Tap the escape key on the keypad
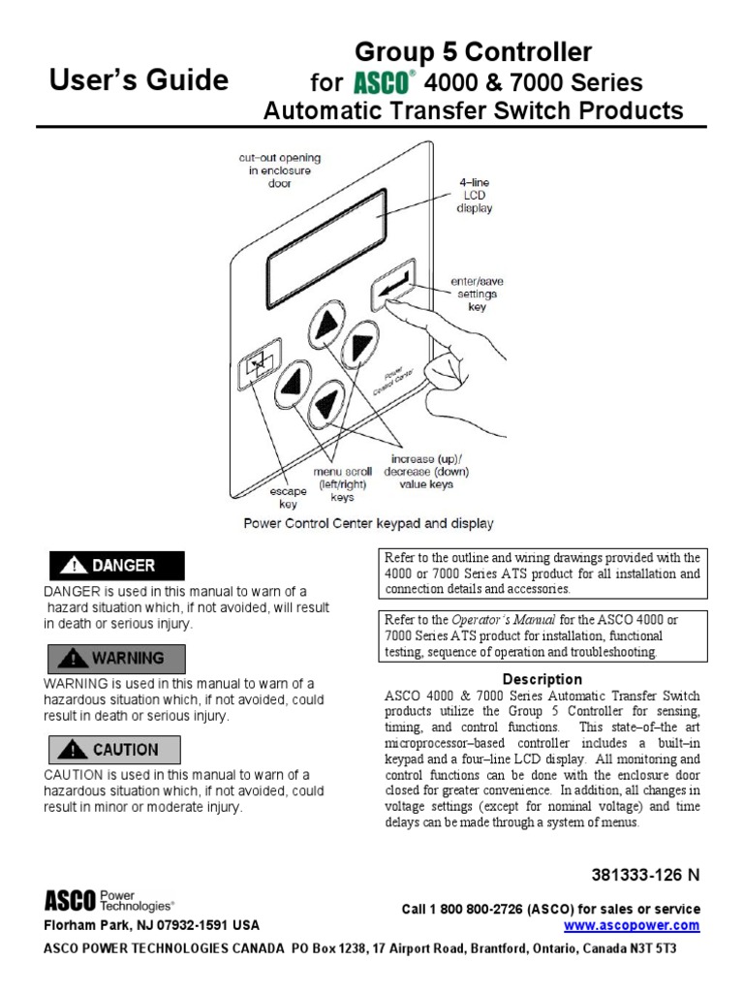click(259, 363)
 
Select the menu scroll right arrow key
click(360, 343)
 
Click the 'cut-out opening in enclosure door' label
click(279, 170)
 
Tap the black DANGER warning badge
click(115, 565)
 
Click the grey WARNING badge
click(115, 658)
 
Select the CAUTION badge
click(115, 749)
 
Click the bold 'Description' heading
click(542, 679)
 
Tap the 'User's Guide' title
click(139, 79)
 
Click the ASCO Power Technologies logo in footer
click(109, 901)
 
